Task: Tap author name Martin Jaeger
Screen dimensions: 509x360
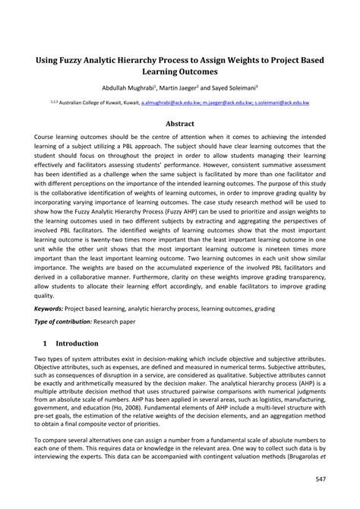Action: click(x=200, y=88)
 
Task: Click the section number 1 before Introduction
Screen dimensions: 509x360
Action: click(x=46, y=343)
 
